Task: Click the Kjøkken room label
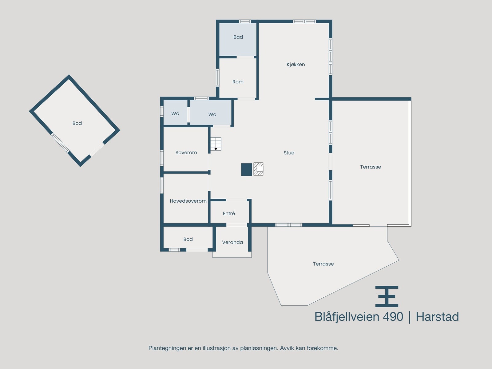(296, 65)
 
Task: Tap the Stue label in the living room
(289, 153)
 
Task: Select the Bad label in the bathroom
(238, 37)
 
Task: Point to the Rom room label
(238, 82)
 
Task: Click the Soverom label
(186, 153)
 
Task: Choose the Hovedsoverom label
(188, 201)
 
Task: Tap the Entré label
(229, 213)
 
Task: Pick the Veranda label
(232, 242)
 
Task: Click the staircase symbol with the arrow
(216, 144)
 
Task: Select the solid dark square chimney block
(246, 169)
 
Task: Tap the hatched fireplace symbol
(258, 169)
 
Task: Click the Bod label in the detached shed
(77, 123)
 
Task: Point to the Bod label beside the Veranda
(188, 239)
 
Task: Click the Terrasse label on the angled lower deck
(323, 264)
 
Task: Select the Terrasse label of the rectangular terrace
(370, 167)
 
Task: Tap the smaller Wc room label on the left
(175, 113)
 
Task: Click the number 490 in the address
(393, 317)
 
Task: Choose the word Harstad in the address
(437, 317)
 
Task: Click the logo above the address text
(387, 296)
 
